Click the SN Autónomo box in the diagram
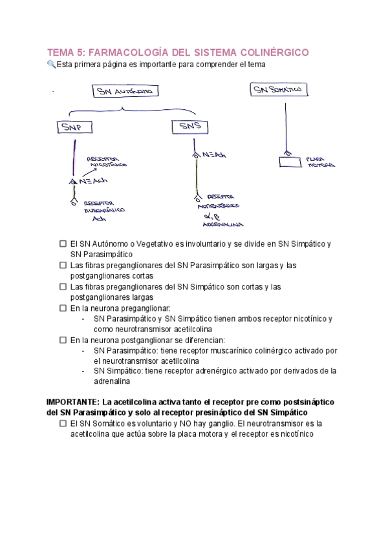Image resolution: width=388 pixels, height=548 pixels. tap(124, 92)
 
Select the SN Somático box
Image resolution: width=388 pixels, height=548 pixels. tap(279, 91)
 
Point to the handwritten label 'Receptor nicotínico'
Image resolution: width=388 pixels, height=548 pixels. tap(107, 161)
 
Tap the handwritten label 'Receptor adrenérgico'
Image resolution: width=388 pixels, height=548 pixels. tap(222, 201)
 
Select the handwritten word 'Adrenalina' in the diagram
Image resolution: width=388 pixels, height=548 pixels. tap(222, 224)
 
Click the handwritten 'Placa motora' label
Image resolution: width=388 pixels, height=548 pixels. tap(320, 162)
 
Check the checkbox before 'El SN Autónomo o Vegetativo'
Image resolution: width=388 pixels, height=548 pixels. tap(63, 244)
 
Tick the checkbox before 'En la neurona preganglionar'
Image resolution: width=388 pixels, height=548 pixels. tap(63, 308)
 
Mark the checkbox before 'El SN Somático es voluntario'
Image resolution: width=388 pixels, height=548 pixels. tap(63, 423)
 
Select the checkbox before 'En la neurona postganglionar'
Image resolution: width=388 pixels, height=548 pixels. tap(63, 340)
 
